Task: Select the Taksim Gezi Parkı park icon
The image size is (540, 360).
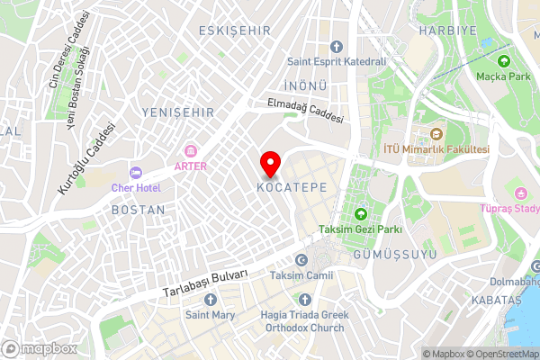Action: pos(361,213)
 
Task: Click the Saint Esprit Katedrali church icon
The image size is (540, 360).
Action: pos(337,46)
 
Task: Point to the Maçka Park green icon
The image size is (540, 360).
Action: pos(505,61)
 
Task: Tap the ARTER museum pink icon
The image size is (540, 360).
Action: pos(191,150)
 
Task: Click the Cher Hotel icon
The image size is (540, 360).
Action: pos(136,172)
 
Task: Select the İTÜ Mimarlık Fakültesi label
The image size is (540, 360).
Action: pos(436,148)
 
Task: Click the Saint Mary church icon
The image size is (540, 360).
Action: pos(210,299)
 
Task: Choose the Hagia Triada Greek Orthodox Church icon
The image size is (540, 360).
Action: pos(304,299)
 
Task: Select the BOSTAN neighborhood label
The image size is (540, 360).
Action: pos(138,209)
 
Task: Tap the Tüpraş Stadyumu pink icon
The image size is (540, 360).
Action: pos(521,193)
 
